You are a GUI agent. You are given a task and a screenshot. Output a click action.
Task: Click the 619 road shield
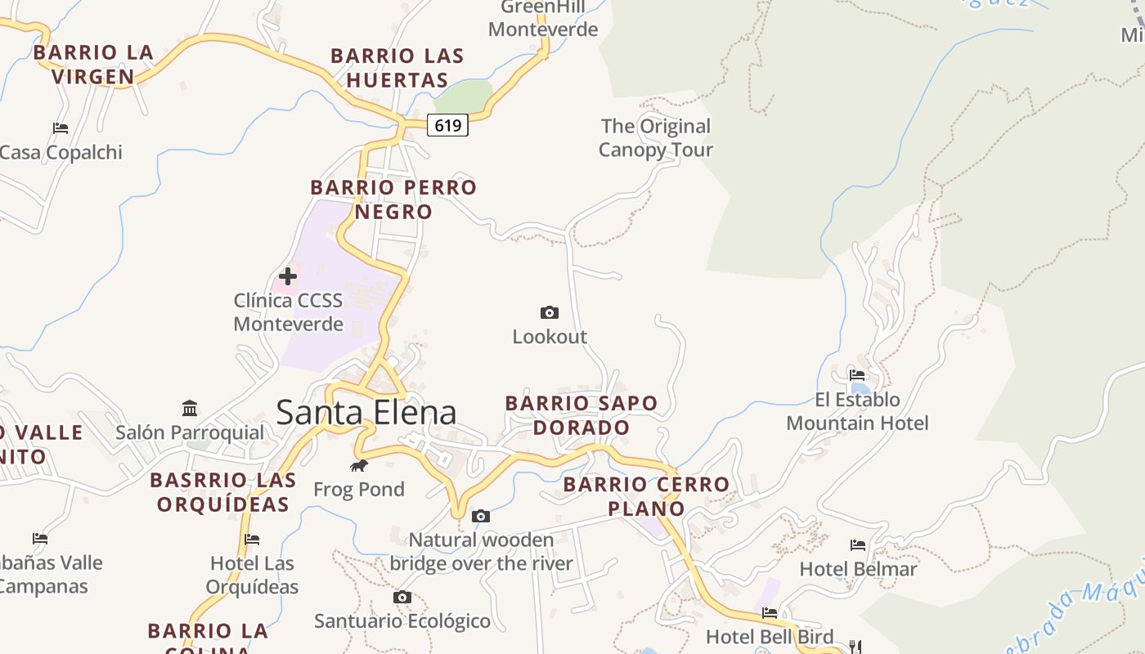click(447, 125)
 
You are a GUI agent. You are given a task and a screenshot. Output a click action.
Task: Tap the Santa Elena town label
click(366, 412)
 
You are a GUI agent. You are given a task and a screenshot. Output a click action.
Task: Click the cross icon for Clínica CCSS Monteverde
click(288, 276)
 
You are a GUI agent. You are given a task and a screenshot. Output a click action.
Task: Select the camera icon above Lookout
click(550, 312)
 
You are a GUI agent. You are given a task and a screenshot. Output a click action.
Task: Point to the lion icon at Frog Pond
click(358, 466)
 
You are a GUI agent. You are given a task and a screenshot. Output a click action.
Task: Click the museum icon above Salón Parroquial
click(190, 408)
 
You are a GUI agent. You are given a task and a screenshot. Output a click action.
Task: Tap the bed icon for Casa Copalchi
click(61, 128)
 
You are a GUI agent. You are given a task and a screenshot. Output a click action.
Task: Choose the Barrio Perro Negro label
click(393, 199)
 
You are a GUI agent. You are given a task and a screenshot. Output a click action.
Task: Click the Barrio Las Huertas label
click(397, 68)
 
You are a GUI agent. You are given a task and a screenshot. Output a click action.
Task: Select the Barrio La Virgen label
click(93, 65)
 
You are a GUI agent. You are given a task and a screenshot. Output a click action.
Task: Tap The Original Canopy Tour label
click(656, 138)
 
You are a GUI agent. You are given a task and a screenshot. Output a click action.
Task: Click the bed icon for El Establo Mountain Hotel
click(857, 375)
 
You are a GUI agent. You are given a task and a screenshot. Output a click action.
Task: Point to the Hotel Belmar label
click(858, 569)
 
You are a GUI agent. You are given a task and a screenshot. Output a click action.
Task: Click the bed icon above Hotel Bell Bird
click(770, 612)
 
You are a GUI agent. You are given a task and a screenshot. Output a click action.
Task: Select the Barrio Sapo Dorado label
click(581, 415)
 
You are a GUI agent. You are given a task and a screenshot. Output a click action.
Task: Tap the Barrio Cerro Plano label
click(646, 496)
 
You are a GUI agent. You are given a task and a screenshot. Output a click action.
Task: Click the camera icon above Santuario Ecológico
click(402, 598)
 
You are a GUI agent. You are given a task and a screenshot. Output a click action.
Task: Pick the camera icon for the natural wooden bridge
click(481, 516)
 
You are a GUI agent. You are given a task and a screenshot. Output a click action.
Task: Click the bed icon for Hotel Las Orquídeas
click(252, 540)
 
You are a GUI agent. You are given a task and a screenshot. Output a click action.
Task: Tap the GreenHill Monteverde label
click(543, 20)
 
